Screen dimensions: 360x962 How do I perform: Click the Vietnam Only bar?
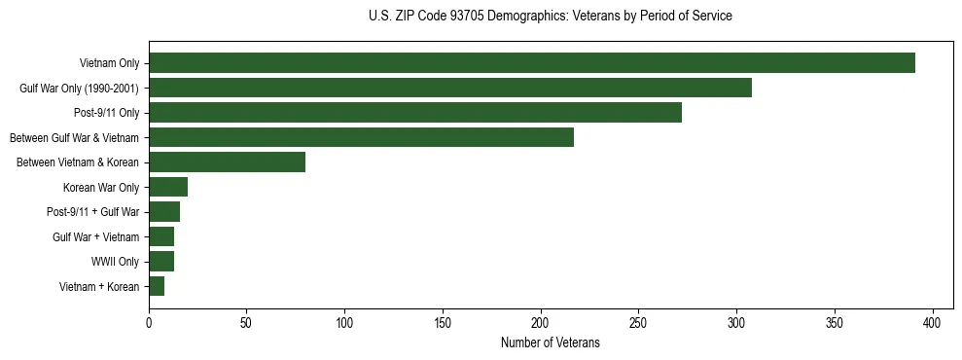tap(531, 63)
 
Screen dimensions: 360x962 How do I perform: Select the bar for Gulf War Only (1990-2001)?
tap(449, 89)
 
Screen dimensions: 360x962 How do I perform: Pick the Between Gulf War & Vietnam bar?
tap(361, 137)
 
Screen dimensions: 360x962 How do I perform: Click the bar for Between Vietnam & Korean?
tap(227, 162)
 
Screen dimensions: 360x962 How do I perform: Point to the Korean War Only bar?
tap(168, 187)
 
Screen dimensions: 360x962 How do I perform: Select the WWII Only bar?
tap(161, 261)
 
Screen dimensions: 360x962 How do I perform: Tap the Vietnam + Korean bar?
tap(157, 286)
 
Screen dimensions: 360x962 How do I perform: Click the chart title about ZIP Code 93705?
tap(550, 17)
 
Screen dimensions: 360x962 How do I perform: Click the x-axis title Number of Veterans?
tap(550, 343)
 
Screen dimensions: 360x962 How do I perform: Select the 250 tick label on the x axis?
tap(639, 322)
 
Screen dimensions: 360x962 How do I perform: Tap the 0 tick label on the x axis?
tap(149, 322)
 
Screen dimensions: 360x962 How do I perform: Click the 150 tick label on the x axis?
tap(443, 322)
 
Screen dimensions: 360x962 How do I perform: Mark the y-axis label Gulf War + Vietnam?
tap(95, 236)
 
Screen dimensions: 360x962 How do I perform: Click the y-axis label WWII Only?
tap(115, 262)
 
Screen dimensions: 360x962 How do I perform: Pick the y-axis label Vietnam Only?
tap(109, 64)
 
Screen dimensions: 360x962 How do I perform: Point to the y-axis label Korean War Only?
tap(101, 188)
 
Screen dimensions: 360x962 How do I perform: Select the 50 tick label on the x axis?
tap(247, 322)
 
